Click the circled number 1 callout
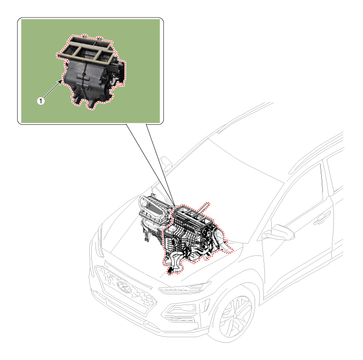coord(41,101)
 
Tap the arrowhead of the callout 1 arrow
coord(60,82)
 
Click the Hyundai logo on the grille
coord(124,287)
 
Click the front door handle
coord(322,218)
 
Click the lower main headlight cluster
coord(182,312)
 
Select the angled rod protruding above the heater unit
coord(203,209)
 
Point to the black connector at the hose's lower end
coord(170,270)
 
